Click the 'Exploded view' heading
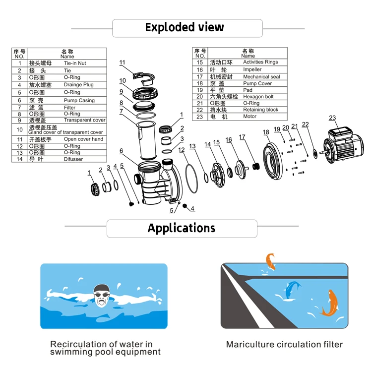(x=184, y=27)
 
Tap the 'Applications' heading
(x=182, y=228)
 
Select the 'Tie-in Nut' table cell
(x=75, y=63)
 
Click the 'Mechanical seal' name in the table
(x=261, y=77)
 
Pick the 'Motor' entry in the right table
(x=250, y=117)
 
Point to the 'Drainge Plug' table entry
(x=78, y=85)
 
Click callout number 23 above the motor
(x=332, y=118)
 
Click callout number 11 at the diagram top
(x=123, y=62)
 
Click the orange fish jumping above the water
(x=270, y=261)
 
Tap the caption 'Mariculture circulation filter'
(x=284, y=344)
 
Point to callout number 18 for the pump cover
(x=266, y=132)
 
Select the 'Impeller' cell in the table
(x=252, y=69)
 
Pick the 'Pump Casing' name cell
(x=79, y=101)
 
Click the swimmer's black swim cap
(x=102, y=289)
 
